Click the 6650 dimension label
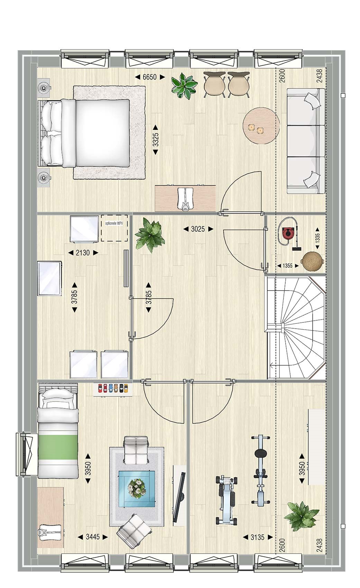click(149, 77)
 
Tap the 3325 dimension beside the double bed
click(156, 140)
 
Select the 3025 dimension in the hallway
click(198, 229)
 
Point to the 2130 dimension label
click(83, 253)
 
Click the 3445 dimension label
click(93, 537)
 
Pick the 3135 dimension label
click(257, 538)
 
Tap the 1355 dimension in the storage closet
click(288, 266)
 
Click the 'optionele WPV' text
click(114, 223)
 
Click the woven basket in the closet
click(312, 261)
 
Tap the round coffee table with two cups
click(261, 126)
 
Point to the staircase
click(296, 327)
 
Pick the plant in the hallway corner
click(149, 235)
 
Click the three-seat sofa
click(306, 141)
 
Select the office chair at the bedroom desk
click(185, 199)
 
